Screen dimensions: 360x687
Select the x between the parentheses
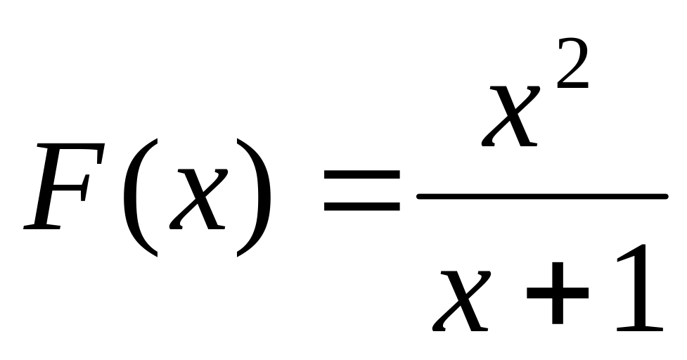(198, 198)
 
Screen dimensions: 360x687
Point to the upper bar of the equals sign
(361, 173)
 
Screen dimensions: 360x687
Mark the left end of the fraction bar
(420, 196)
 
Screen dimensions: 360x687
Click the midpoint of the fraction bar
(542, 196)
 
